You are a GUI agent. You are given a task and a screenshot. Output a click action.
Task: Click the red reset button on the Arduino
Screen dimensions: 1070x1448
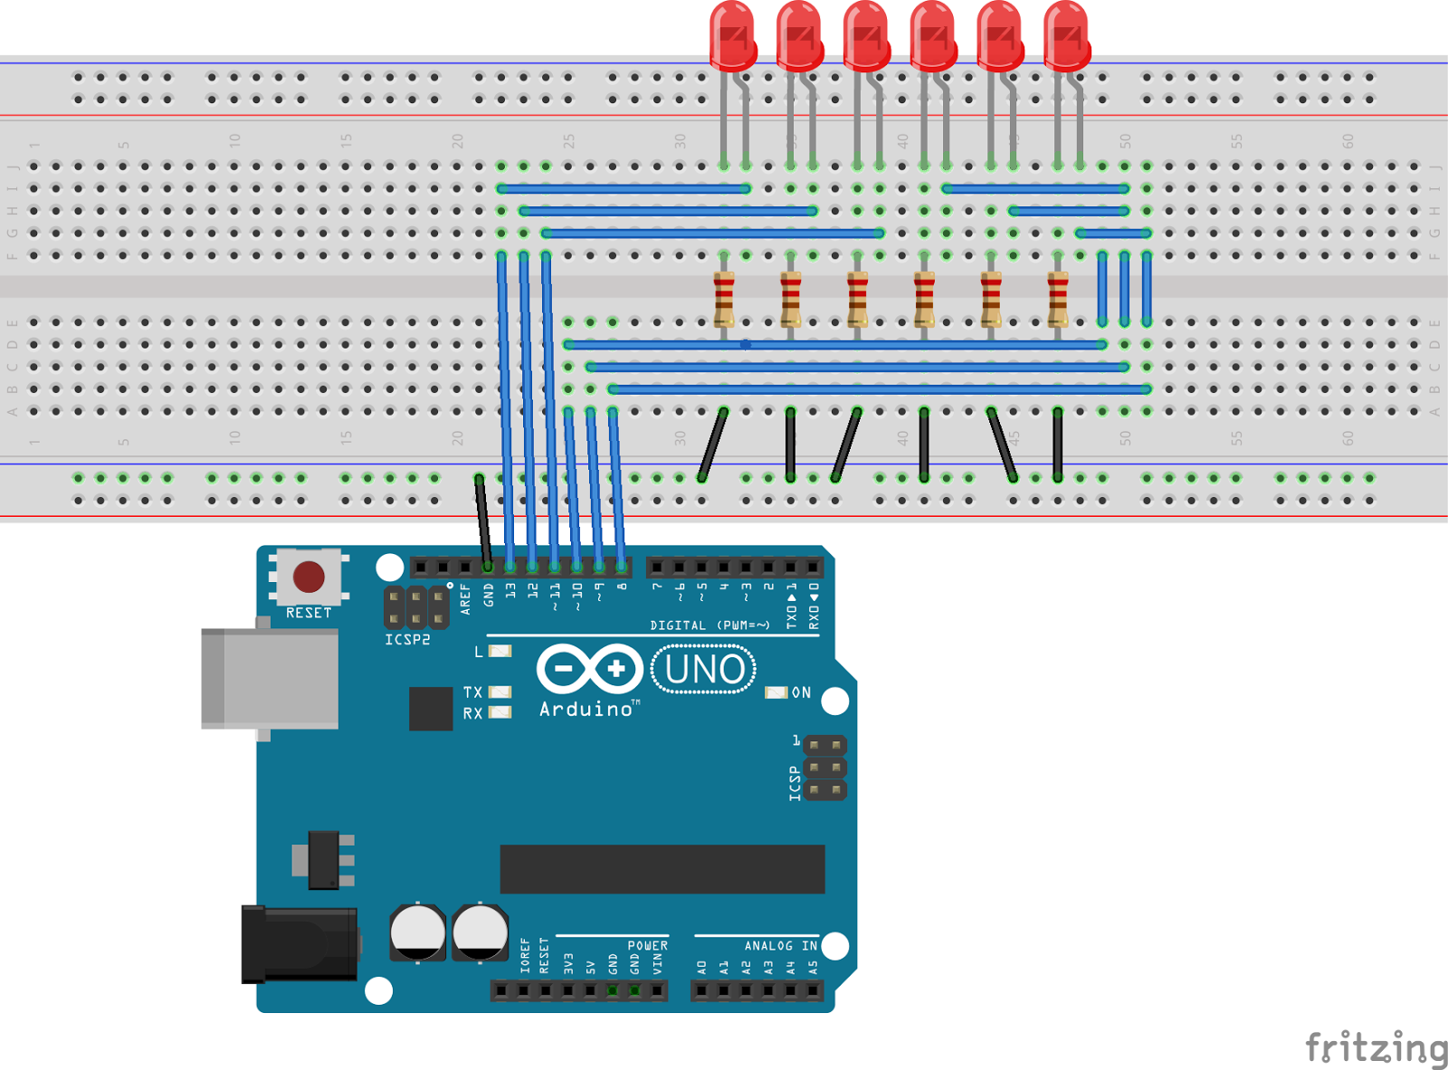[x=309, y=576]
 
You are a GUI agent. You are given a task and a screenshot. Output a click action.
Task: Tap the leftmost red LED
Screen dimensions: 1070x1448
[x=732, y=36]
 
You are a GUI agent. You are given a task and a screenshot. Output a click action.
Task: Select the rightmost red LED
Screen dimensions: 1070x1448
[x=1066, y=36]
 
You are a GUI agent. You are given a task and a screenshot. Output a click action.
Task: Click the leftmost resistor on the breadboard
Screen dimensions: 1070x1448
[x=724, y=299]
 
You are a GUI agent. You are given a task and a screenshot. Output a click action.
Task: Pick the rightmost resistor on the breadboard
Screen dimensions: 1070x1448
[x=1057, y=299]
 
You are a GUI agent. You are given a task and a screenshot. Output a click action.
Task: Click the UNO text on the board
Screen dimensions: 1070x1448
[x=704, y=670]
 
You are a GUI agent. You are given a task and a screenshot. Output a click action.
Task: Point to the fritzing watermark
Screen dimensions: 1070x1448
[x=1376, y=1048]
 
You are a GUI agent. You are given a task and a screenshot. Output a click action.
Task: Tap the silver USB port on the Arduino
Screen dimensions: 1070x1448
[x=270, y=679]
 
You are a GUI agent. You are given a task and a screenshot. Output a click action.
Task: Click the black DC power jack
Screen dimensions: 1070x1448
[x=299, y=944]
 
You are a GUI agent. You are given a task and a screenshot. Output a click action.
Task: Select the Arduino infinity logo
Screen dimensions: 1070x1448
[x=589, y=670]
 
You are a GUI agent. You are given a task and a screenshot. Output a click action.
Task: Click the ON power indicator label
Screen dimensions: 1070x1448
[x=801, y=693]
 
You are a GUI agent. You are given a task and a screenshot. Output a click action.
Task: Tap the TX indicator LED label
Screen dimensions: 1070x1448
[x=472, y=693]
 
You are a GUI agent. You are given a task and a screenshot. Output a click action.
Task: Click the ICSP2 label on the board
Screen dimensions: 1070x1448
[x=407, y=639]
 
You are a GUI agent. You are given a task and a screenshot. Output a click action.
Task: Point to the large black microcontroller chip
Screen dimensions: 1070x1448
[x=662, y=869]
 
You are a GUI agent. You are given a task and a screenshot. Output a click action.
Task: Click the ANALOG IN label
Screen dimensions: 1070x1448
[x=780, y=946]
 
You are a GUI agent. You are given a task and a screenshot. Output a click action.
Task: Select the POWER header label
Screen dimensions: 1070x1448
[x=647, y=946]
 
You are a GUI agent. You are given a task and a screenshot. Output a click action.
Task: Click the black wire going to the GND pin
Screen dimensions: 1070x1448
[x=482, y=521]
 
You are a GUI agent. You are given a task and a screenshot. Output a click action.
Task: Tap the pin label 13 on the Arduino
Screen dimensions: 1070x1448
[x=510, y=590]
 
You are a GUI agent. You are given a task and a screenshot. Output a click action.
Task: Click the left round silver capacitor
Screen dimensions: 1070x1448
[x=417, y=932]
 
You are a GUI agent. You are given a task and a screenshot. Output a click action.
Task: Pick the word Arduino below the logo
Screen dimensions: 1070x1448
[x=586, y=710]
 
